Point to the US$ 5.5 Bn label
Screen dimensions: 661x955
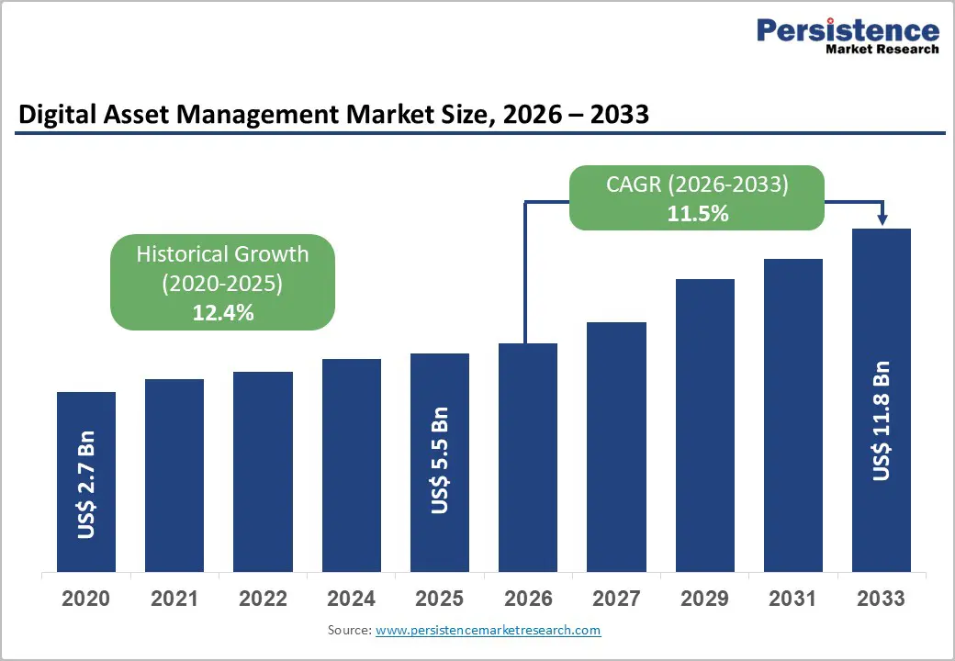[440, 461]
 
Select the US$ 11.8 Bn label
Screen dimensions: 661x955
[882, 421]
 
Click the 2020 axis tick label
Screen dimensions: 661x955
[86, 599]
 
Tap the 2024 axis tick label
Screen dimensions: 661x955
[351, 599]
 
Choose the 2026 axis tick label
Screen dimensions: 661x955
[528, 599]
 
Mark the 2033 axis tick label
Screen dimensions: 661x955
[881, 599]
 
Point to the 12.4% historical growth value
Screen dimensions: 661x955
[222, 313]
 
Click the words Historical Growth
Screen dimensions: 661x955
[222, 254]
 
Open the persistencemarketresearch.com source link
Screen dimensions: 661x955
[489, 631]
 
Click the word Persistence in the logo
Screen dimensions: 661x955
[848, 30]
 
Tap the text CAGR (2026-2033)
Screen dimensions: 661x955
[697, 184]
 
